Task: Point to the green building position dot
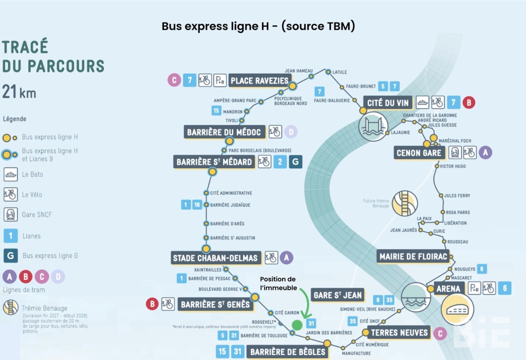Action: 297,325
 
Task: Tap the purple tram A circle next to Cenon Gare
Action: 485,153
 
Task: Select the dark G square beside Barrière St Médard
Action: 296,162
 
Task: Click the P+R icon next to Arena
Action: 473,288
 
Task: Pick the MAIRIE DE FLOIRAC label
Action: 413,257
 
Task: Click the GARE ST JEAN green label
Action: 338,295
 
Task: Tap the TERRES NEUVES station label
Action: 400,332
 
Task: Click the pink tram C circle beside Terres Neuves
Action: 439,333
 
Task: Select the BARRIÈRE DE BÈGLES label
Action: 287,352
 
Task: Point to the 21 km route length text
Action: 19,91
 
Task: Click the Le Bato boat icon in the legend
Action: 11,175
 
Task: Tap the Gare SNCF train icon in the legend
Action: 11,215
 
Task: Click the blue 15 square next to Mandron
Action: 217,111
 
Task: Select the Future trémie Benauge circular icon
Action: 405,203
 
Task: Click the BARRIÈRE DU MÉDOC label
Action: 224,132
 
